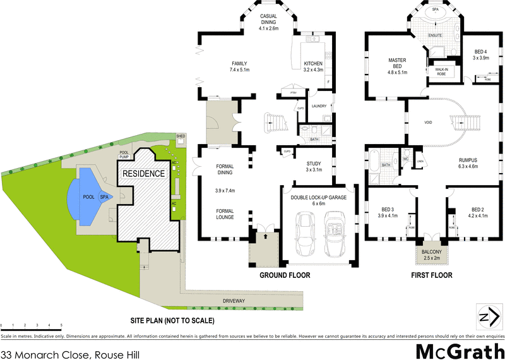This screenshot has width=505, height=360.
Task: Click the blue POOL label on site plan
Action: pos(88,197)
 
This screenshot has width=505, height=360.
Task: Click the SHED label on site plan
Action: pos(181,136)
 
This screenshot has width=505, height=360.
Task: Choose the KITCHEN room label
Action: pos(313,64)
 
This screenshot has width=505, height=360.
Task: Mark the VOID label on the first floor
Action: pos(428,122)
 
